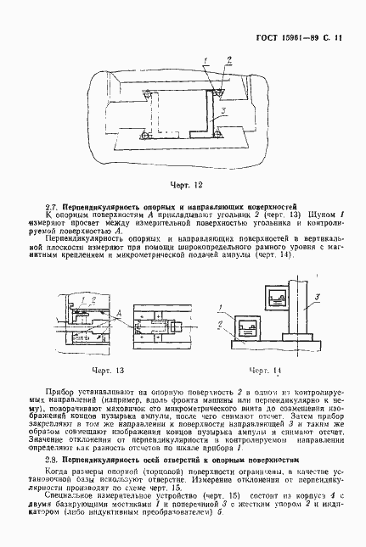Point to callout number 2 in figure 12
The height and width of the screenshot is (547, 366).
[228, 59]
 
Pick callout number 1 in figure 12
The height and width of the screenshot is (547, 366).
[206, 59]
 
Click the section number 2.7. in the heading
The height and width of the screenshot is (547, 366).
[50, 207]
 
